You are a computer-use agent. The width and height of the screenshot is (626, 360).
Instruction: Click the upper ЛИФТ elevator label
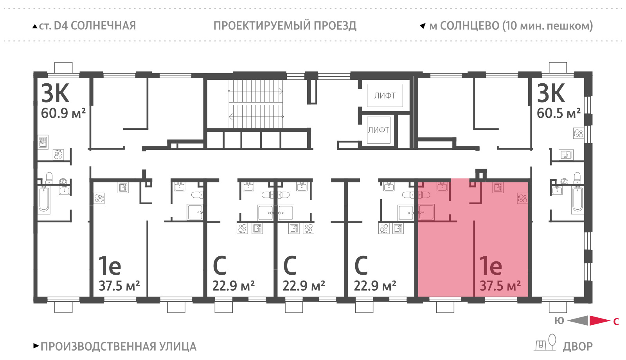pyautogui.click(x=385, y=95)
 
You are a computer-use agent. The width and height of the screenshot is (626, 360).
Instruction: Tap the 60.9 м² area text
pyautogui.click(x=63, y=113)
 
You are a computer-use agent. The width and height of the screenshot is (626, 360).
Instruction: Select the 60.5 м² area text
pyautogui.click(x=559, y=113)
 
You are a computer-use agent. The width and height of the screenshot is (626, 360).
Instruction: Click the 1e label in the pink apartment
pyautogui.click(x=491, y=266)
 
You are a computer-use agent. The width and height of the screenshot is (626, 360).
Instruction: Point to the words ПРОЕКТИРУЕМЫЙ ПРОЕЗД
pyautogui.click(x=285, y=26)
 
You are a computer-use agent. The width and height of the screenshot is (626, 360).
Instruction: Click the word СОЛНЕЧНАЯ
pyautogui.click(x=103, y=26)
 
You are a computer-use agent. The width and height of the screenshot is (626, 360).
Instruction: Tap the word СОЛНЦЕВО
pyautogui.click(x=470, y=26)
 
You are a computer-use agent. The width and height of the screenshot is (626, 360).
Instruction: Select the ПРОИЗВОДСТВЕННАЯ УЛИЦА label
pyautogui.click(x=119, y=347)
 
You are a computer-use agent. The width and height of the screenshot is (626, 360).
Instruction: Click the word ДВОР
pyautogui.click(x=577, y=347)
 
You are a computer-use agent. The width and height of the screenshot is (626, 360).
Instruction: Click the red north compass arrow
pyautogui.click(x=600, y=320)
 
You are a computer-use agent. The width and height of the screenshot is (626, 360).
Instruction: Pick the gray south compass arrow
pyautogui.click(x=577, y=320)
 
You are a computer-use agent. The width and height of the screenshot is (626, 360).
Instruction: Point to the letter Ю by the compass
pyautogui.click(x=559, y=321)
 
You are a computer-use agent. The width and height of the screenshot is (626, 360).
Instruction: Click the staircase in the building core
pyautogui.click(x=256, y=104)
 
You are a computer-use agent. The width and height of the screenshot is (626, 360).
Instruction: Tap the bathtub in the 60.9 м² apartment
pyautogui.click(x=44, y=200)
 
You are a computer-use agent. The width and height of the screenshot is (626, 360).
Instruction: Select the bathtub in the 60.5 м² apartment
pyautogui.click(x=577, y=200)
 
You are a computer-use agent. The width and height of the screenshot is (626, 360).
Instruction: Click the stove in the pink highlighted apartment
pyautogui.click(x=522, y=198)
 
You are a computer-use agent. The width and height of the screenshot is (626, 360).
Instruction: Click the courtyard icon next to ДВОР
pyautogui.click(x=545, y=342)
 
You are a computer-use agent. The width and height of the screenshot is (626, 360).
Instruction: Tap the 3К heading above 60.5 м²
pyautogui.click(x=551, y=93)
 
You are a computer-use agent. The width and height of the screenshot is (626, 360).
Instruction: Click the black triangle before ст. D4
pyautogui.click(x=35, y=27)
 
